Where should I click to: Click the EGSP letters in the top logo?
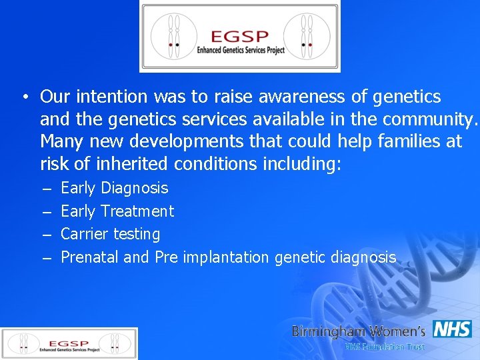(x=239, y=36)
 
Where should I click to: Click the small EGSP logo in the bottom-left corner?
(x=69, y=343)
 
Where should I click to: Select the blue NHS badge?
(x=452, y=329)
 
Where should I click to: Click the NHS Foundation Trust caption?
(x=384, y=347)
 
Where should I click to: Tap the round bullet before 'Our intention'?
(x=23, y=97)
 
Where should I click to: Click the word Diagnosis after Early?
(x=135, y=189)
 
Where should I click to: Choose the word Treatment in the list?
(x=137, y=211)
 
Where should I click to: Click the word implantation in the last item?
(x=225, y=257)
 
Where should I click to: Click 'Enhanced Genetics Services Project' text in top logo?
(x=239, y=50)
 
